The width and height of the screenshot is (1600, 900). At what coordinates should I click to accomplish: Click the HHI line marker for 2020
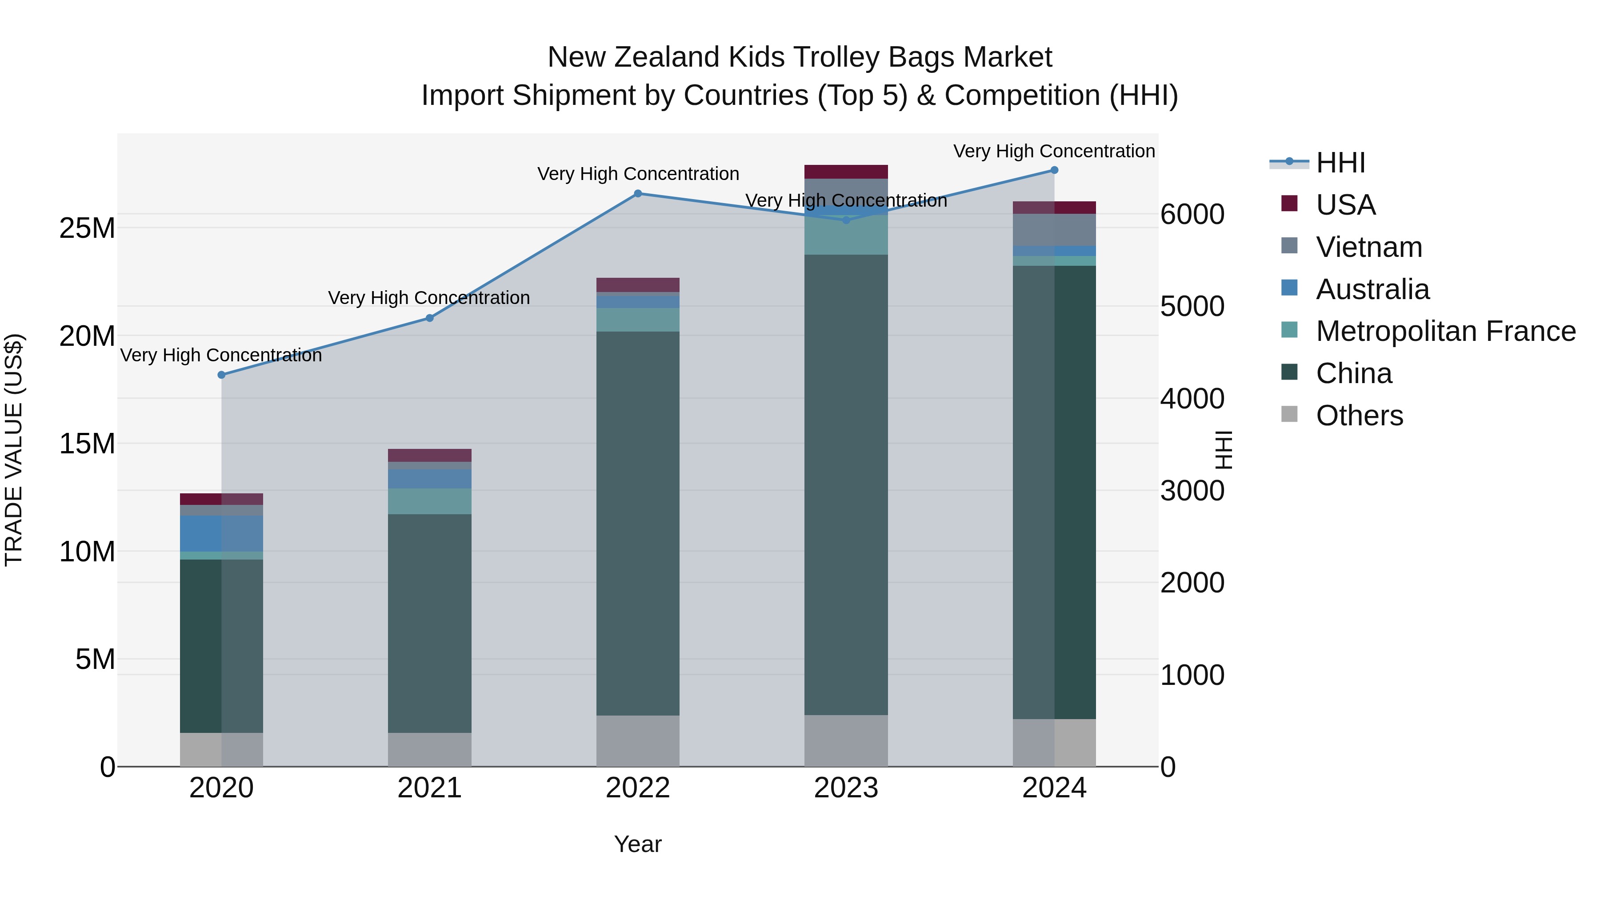(x=221, y=375)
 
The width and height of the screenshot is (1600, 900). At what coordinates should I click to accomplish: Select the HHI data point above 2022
(x=637, y=193)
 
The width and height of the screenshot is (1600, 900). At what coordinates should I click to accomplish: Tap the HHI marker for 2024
(x=1054, y=170)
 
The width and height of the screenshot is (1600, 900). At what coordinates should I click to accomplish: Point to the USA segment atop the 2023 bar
(x=845, y=172)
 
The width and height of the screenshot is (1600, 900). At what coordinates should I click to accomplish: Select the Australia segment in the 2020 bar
(x=221, y=533)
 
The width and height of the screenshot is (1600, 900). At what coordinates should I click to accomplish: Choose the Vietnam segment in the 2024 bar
(x=1054, y=230)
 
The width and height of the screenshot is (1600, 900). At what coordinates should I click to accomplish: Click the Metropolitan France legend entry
(x=1445, y=331)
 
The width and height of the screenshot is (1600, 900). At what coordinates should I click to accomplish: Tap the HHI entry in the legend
(x=1340, y=163)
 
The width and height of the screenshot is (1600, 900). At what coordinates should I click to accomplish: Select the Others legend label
(x=1359, y=416)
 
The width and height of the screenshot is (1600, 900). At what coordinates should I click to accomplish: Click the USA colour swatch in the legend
(x=1289, y=203)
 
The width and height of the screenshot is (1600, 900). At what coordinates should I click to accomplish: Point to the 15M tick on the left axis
(x=87, y=444)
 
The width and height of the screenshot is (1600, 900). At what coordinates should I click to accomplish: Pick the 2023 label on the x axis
(x=845, y=788)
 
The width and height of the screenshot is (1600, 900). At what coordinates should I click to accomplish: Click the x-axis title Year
(x=637, y=844)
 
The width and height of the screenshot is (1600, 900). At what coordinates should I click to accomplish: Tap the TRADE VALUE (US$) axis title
(x=14, y=450)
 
